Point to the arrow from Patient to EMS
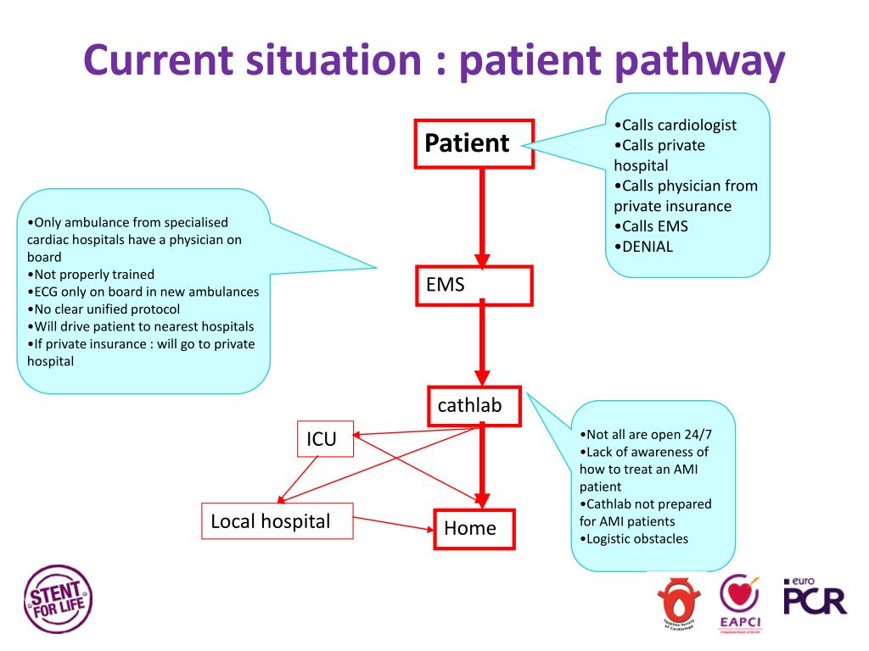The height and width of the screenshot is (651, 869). click(x=482, y=218)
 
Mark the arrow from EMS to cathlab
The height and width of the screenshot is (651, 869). click(x=482, y=342)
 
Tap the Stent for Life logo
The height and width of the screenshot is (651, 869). click(x=58, y=599)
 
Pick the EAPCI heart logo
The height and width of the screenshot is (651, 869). click(x=740, y=603)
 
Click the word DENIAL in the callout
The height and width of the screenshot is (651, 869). click(x=648, y=247)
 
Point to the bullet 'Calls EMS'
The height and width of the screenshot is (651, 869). click(x=651, y=226)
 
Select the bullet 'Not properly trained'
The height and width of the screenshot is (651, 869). click(x=91, y=275)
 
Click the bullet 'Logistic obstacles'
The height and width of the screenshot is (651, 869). click(x=634, y=538)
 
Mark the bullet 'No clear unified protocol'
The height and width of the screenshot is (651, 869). click(x=104, y=309)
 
